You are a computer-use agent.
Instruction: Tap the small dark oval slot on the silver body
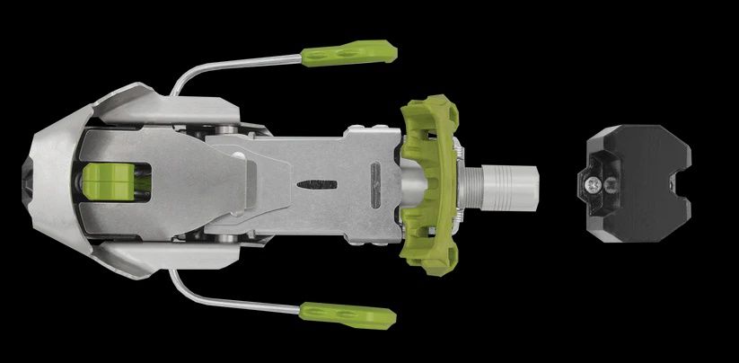317,184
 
